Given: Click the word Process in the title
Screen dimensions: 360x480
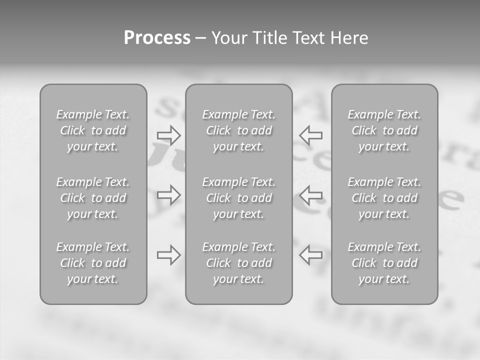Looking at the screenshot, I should pos(157,38).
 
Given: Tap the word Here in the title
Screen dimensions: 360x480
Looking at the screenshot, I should pos(349,38).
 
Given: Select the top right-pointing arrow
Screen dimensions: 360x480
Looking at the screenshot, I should pos(169,135).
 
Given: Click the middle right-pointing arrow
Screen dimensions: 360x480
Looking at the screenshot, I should pos(169,194).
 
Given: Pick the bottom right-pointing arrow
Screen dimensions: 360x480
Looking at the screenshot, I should pos(169,255).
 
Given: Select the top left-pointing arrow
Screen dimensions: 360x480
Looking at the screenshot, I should pos(311,135).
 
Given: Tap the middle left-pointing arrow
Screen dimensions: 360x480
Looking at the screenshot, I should pos(311,194).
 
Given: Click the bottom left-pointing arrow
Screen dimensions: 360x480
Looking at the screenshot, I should pos(311,255).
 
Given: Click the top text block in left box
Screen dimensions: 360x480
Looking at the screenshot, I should pos(93,130).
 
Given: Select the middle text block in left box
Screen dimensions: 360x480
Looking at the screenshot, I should pos(93,198).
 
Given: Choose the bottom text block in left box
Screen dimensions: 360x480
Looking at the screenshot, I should pos(93,263).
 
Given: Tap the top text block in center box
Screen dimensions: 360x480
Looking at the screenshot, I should pos(239,130).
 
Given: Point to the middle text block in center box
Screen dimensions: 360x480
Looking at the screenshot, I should pos(239,198).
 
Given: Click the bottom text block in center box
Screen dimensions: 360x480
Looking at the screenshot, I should pos(239,263).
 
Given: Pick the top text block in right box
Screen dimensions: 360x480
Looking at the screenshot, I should pos(384,130).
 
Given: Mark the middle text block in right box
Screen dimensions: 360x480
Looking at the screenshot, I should pos(384,198).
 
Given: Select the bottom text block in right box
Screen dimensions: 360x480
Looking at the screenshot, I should pos(384,263).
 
